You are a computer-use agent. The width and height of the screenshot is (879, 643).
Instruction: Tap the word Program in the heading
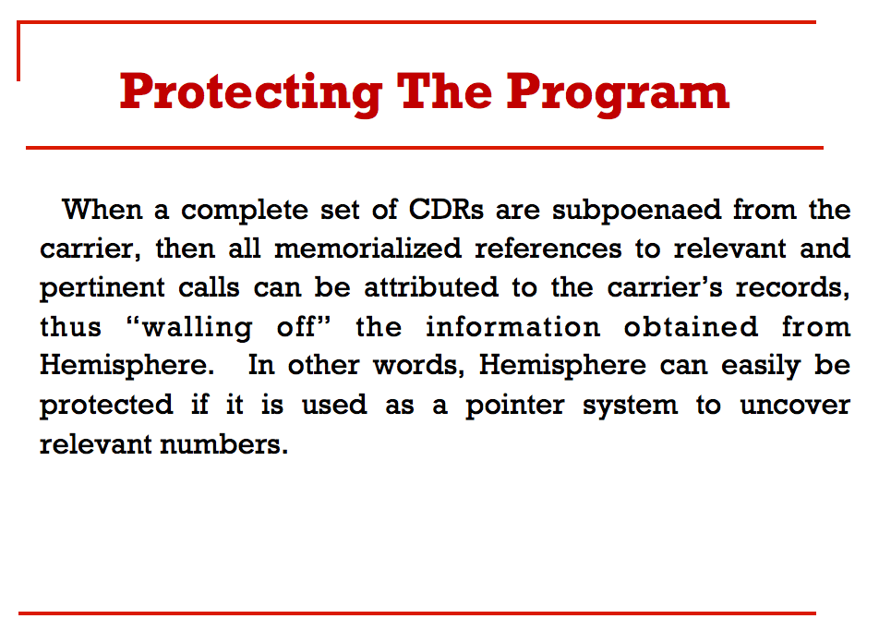(x=618, y=91)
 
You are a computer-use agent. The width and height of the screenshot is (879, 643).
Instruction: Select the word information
(x=512, y=327)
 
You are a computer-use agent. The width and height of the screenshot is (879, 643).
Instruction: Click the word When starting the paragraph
(x=102, y=210)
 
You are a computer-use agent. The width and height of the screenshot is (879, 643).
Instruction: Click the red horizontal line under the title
(x=424, y=147)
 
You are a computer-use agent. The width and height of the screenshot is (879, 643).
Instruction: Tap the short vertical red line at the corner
(x=18, y=52)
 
